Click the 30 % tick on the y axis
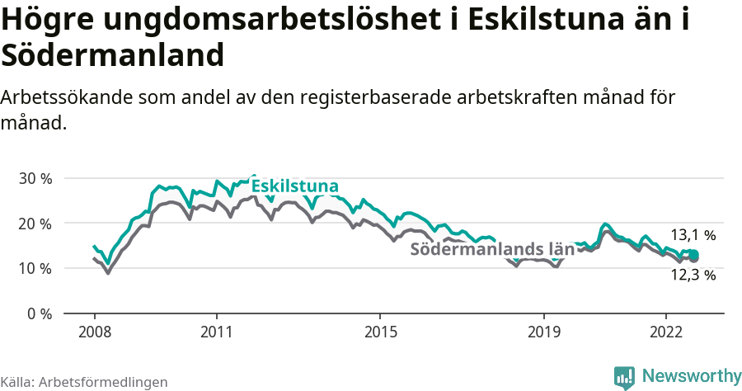(x=35, y=178)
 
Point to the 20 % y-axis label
(x=35, y=224)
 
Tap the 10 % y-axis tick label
(x=35, y=269)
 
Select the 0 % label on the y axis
(x=40, y=313)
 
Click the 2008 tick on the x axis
(x=94, y=332)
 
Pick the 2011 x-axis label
(x=216, y=332)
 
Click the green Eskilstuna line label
(x=294, y=186)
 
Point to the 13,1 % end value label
(x=693, y=235)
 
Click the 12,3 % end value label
(x=693, y=276)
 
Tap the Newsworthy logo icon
(x=624, y=376)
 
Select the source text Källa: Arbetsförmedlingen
(x=84, y=382)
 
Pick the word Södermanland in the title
(x=113, y=55)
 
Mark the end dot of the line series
(x=694, y=256)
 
